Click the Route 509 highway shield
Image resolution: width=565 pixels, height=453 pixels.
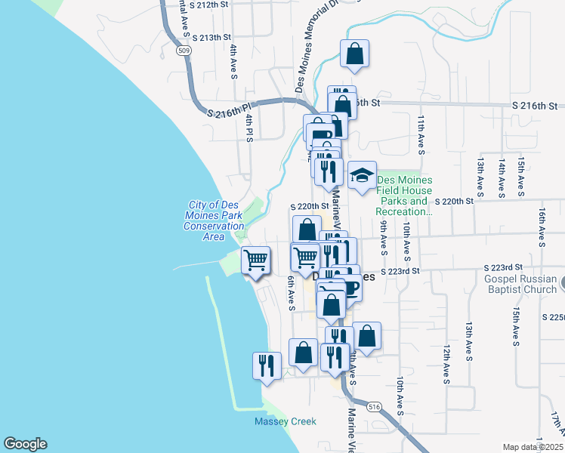(x=183, y=50)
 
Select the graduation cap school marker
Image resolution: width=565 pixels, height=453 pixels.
(x=362, y=176)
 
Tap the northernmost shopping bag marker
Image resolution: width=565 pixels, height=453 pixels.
(x=354, y=54)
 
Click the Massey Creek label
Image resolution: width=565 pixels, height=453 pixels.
(x=285, y=421)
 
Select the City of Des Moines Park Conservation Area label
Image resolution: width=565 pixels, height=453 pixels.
(x=215, y=220)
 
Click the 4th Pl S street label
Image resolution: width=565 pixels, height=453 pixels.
(x=248, y=128)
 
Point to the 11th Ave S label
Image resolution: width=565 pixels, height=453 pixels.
(x=421, y=134)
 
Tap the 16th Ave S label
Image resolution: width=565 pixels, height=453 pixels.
(x=542, y=229)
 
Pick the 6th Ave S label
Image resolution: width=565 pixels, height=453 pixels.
(x=291, y=292)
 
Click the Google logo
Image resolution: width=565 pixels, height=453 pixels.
(x=26, y=444)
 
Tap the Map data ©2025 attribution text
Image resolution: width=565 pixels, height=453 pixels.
(x=533, y=447)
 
